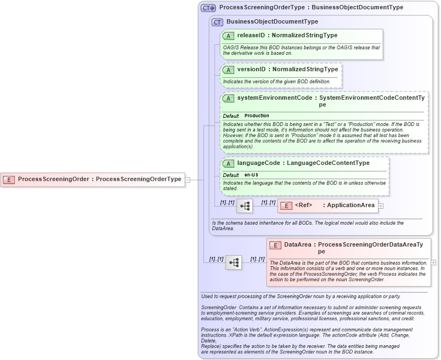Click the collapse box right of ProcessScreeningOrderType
tap(188, 179)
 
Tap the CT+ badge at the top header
tap(208, 8)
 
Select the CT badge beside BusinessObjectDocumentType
tap(217, 22)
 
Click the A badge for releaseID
tap(228, 36)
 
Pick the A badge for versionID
tap(228, 70)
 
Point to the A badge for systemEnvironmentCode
tap(228, 99)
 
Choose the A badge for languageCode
tap(228, 163)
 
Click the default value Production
tap(257, 116)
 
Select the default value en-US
tap(251, 175)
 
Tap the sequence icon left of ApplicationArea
tap(245, 206)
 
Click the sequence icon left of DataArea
tap(234, 262)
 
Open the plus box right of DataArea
tap(434, 262)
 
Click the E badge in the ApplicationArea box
tap(286, 206)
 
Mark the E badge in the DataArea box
tap(275, 245)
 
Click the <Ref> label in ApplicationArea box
tap(303, 205)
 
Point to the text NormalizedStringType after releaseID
tap(304, 36)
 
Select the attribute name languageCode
tap(257, 163)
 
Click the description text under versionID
tap(276, 82)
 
